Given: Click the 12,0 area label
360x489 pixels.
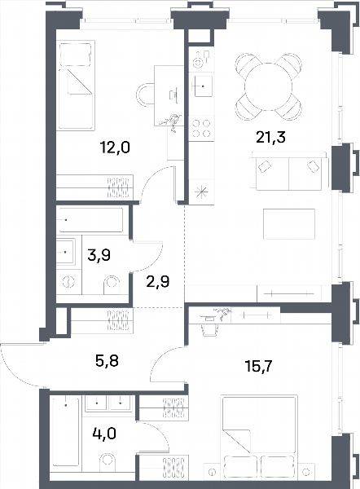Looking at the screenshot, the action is (x=115, y=148).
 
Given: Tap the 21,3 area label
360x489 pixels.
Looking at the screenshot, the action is (x=270, y=137).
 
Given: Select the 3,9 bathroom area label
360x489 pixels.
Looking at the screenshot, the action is (x=99, y=255).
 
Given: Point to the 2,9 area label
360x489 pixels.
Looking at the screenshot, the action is (x=158, y=282).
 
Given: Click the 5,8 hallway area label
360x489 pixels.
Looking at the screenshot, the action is (x=107, y=361).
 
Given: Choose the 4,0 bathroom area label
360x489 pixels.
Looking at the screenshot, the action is (x=104, y=434).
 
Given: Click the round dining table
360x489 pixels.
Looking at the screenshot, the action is (x=268, y=86).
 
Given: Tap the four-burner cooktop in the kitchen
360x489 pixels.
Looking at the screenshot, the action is (x=201, y=129).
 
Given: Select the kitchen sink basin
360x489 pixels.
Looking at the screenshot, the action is (x=204, y=86).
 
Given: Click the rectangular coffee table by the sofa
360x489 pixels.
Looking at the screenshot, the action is (x=289, y=224).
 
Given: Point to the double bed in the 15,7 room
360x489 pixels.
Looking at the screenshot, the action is (x=258, y=437).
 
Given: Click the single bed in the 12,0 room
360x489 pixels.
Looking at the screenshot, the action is (x=76, y=85).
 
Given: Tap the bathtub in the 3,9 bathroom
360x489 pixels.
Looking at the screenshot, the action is (x=90, y=220).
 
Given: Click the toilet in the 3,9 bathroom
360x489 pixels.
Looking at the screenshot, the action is (x=112, y=285).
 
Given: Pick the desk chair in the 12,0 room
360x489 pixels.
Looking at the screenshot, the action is (x=145, y=95).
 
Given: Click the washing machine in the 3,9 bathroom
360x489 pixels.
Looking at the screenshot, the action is (x=69, y=283).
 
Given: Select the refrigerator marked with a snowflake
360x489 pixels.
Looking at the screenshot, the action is (x=201, y=192).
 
